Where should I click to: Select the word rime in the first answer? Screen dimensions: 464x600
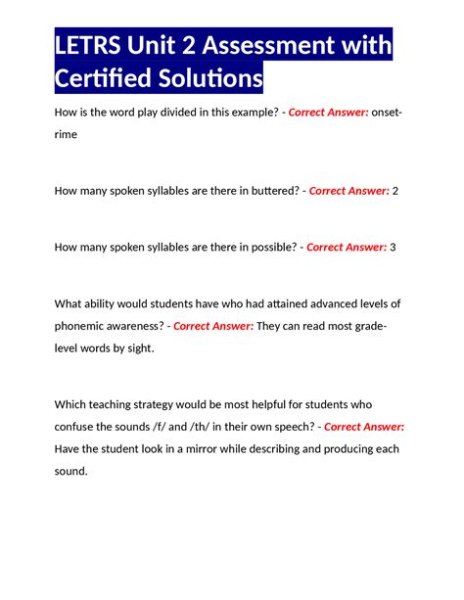[x=69, y=136]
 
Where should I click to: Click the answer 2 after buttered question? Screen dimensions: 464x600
[x=395, y=191]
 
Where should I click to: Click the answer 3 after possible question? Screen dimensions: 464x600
[x=393, y=247]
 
